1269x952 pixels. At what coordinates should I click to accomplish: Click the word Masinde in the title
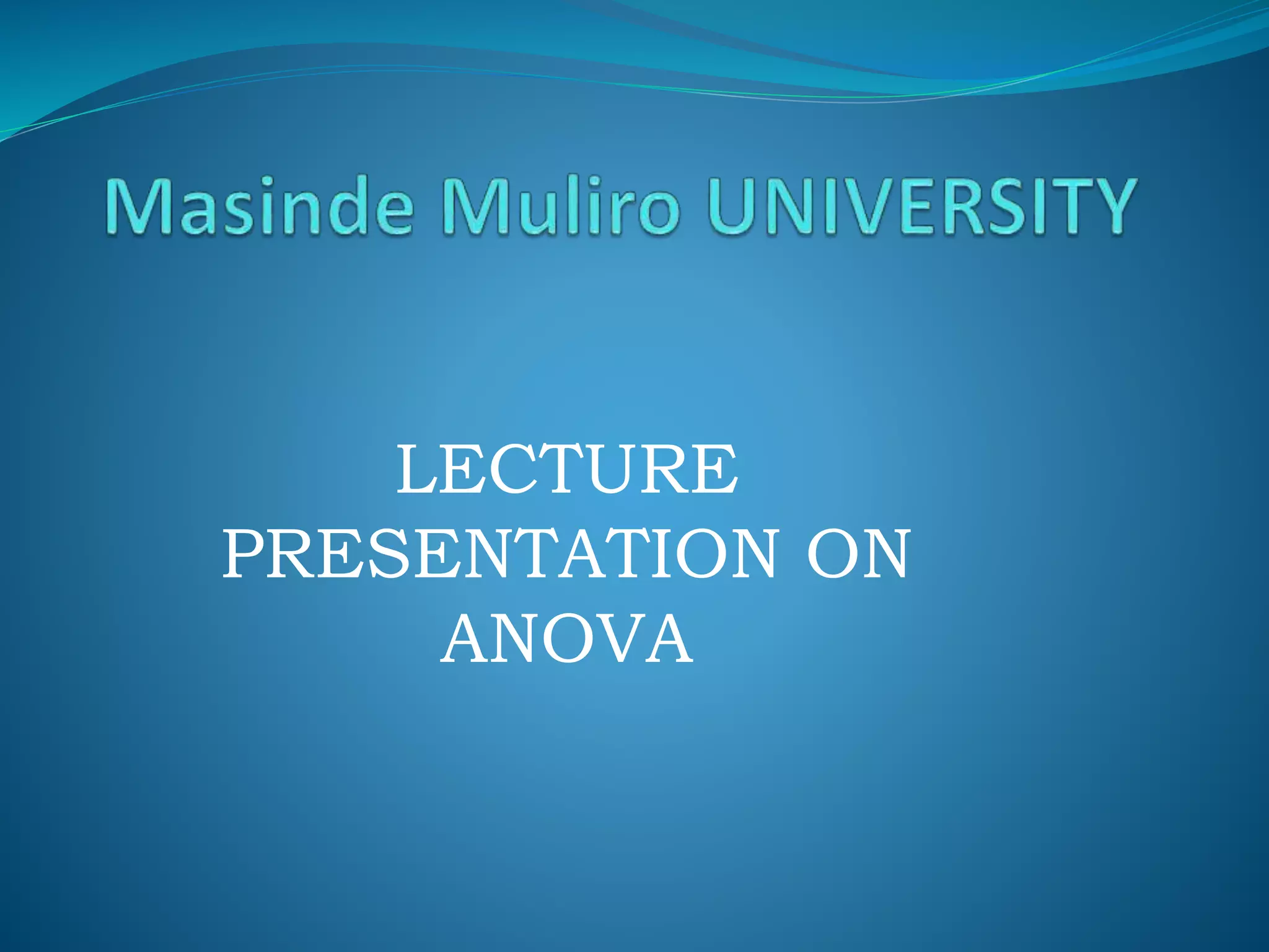click(259, 206)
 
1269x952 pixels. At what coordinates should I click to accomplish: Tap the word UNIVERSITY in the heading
click(921, 206)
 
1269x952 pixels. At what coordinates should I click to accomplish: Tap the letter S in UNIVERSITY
click(1016, 206)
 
